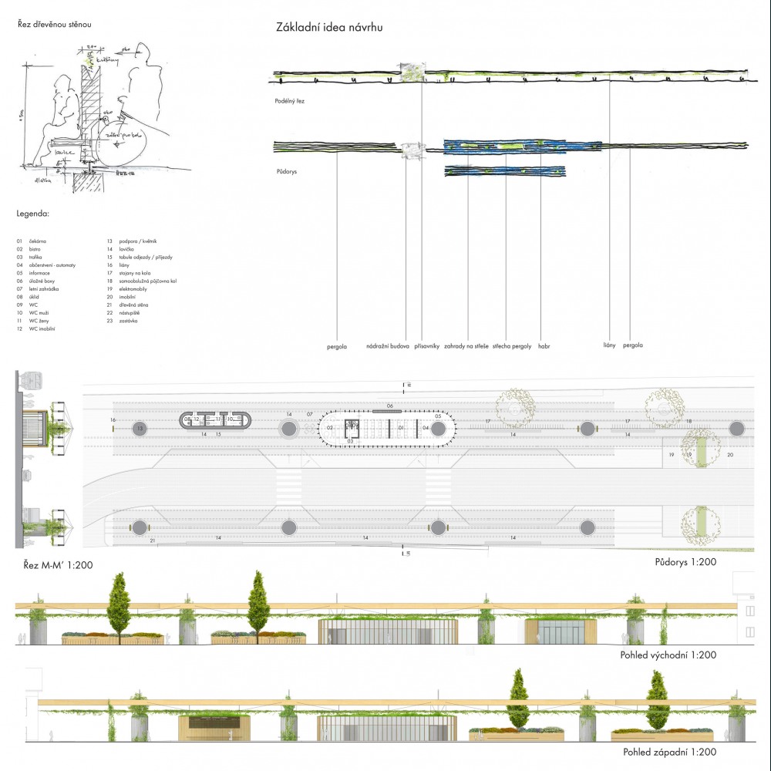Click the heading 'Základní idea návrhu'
coord(329,28)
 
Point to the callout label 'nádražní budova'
coord(388,346)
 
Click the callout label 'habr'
coord(544,346)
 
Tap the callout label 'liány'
coord(609,345)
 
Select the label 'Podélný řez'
coord(291,101)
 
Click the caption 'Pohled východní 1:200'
coord(668,655)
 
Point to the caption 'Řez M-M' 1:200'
coord(55,565)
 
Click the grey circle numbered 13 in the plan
coord(140,428)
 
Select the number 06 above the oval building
coord(390,406)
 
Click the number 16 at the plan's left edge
coord(113,420)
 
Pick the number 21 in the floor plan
coord(153,541)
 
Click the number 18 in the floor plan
coord(689,421)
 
